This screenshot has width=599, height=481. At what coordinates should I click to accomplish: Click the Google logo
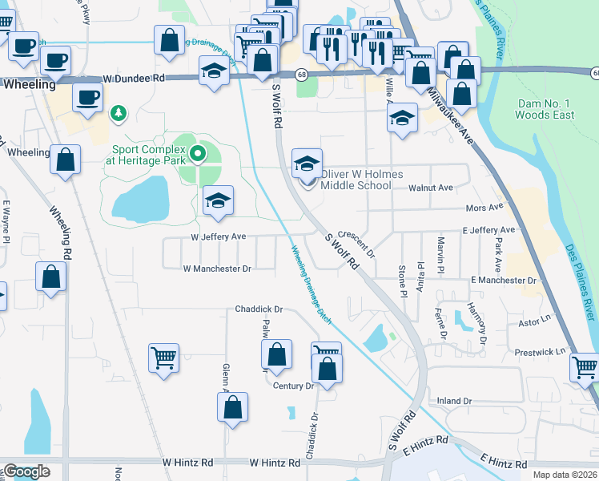[26, 471]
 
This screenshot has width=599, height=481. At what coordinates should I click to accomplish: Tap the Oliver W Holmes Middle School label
[356, 180]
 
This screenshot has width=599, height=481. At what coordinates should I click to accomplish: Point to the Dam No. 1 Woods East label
[545, 110]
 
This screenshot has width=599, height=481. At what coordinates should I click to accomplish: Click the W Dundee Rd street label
[134, 79]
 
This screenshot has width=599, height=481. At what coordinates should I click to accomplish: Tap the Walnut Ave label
[431, 188]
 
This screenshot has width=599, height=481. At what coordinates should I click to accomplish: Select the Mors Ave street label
[484, 208]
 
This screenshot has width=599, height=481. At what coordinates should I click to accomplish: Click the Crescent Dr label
[356, 243]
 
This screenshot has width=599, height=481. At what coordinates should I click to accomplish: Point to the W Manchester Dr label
[217, 269]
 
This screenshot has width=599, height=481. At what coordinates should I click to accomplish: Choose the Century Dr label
[293, 386]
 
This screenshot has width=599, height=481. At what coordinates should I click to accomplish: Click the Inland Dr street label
[455, 401]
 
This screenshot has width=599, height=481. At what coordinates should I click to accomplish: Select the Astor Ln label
[535, 321]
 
